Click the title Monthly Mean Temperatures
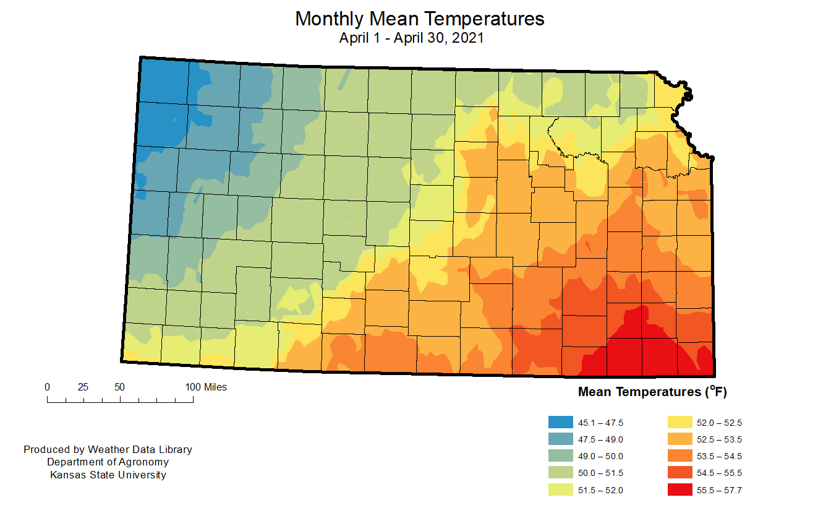[x=419, y=19]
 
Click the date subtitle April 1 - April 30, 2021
[x=411, y=38]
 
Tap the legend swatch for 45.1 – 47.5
[x=560, y=423]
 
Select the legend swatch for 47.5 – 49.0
[x=560, y=439]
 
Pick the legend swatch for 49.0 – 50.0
[x=560, y=456]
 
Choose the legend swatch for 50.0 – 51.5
[x=560, y=473]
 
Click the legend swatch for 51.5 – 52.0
[x=560, y=490]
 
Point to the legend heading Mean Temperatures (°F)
[x=649, y=392]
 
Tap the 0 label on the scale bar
[x=48, y=387]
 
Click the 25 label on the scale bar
[x=83, y=387]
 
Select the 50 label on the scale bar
[x=119, y=387]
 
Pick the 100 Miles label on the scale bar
[x=206, y=387]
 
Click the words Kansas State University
[x=108, y=475]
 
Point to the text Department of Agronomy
[x=108, y=462]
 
